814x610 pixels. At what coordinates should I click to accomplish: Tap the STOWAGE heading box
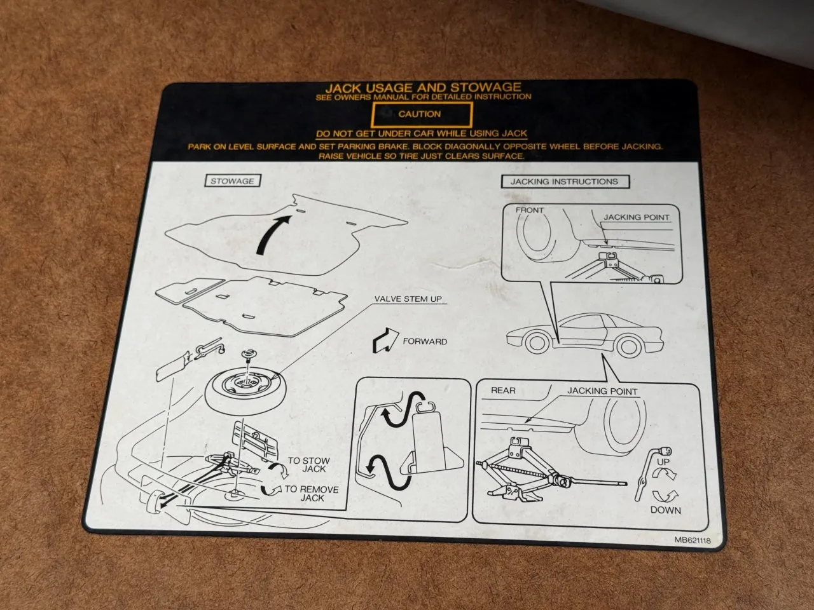pos(233,180)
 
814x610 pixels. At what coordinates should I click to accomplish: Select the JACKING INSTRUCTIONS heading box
pos(565,182)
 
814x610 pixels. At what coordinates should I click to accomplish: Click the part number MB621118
pos(693,540)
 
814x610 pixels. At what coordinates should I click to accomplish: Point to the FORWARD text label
pos(425,341)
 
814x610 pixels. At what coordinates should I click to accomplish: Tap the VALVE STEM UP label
pos(408,299)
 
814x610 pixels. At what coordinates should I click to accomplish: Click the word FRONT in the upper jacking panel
pos(530,210)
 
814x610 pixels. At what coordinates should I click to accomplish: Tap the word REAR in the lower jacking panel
pos(503,390)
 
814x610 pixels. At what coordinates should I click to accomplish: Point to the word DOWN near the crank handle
pos(666,510)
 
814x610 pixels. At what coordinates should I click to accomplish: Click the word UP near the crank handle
pos(663,462)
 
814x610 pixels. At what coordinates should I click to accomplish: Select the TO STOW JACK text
pos(309,465)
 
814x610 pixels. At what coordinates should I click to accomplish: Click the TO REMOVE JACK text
pos(312,494)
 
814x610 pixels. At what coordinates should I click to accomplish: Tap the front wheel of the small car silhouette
pos(537,343)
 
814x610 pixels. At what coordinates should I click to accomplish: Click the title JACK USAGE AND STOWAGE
pos(424,88)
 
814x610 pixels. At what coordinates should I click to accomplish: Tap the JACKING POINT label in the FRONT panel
pos(637,217)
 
